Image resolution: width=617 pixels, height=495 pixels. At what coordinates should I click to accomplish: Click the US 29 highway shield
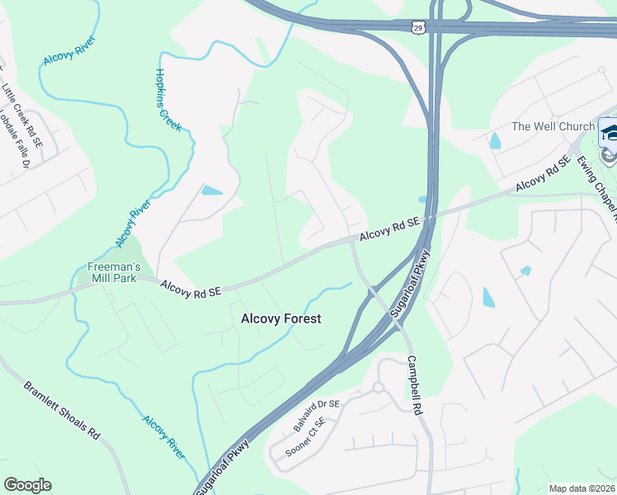click(421, 27)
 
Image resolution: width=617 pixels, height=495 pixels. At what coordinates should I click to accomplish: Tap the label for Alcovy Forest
click(280, 318)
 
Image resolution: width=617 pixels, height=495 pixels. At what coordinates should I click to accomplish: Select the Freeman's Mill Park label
click(115, 272)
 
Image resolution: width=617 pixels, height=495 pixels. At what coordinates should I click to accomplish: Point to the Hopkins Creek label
click(167, 99)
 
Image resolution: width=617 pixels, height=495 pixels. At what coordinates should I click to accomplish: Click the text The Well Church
click(553, 126)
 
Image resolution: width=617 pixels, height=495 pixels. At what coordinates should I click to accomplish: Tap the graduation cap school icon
click(609, 131)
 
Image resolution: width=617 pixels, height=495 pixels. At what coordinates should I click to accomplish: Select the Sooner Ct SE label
click(305, 437)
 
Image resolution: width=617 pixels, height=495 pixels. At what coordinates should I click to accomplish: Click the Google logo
click(27, 485)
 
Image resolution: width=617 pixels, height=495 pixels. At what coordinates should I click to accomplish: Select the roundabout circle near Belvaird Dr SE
click(379, 387)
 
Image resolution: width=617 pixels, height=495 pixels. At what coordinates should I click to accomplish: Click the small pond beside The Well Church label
click(495, 140)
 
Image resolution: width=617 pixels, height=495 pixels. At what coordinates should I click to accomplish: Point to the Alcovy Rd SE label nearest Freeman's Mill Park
click(191, 288)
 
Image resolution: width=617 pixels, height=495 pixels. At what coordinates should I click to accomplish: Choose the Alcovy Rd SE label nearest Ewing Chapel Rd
click(543, 175)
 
